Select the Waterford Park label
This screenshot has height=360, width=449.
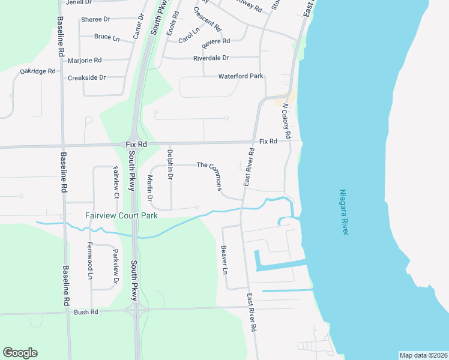point(241,76)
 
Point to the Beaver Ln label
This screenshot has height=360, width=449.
point(224,259)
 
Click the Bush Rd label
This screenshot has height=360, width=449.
point(85,312)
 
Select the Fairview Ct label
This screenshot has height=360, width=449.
point(116,183)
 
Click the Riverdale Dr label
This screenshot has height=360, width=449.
point(211,58)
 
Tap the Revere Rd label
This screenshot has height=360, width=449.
point(216,41)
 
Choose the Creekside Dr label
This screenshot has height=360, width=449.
point(86,78)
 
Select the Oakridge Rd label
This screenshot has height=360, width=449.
point(37,71)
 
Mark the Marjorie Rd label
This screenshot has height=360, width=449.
point(85,60)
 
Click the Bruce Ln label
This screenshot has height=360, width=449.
point(107,37)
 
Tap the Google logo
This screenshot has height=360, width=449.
point(20,353)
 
